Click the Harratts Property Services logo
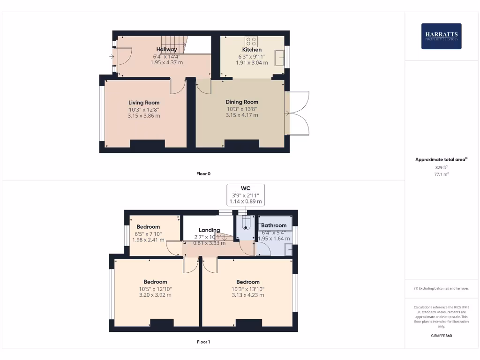pos(441,36)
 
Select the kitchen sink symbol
pos(279,58)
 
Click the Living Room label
pos(144,103)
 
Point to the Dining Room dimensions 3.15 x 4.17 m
pos(241,115)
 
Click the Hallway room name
pos(166,49)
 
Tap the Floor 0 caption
pos(203,173)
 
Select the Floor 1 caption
pos(203,342)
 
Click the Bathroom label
pos(274,225)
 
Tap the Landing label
pos(209,230)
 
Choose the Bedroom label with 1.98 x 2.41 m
pos(148,227)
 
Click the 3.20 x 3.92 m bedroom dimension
pos(155,295)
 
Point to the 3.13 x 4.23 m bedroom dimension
pos(248,295)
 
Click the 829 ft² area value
pos(441,167)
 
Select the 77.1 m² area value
pos(441,174)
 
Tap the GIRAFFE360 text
pos(441,336)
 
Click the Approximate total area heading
pos(441,159)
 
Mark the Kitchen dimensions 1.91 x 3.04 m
pos(252,62)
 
